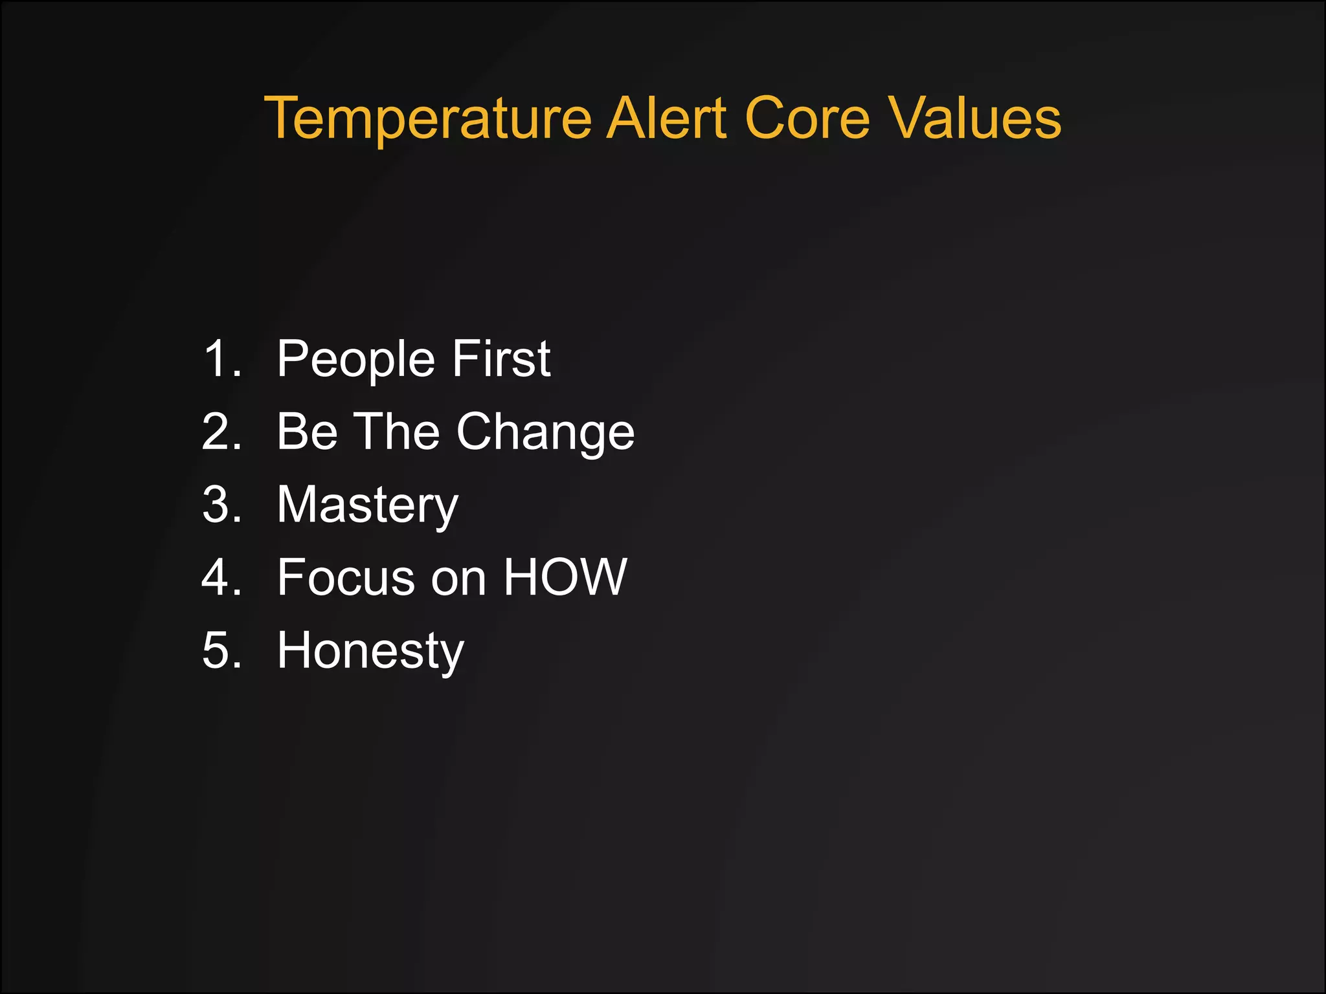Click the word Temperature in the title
pos(428,118)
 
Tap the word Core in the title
pos(807,118)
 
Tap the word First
pos(501,359)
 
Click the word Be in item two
pos(307,432)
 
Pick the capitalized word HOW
pos(565,577)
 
